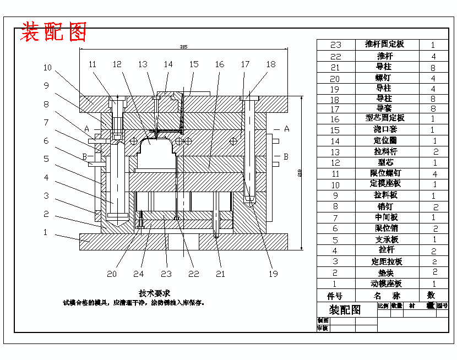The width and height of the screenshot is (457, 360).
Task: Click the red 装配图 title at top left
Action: coord(54,32)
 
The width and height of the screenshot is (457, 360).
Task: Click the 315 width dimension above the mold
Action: coord(183,47)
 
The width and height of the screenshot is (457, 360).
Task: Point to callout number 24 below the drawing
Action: coord(138,273)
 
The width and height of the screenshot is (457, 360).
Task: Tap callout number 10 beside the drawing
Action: coord(48,68)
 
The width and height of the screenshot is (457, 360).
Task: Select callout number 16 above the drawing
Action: coord(219,64)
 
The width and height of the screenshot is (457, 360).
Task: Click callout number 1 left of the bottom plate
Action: coord(46,232)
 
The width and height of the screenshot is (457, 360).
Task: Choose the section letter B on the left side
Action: coord(85,156)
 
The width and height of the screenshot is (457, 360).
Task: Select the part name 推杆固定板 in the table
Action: coord(384,44)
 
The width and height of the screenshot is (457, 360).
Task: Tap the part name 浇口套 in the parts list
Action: coord(384,129)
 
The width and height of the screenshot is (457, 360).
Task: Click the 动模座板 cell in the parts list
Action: coord(384,283)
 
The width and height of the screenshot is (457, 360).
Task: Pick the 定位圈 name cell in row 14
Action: coord(384,140)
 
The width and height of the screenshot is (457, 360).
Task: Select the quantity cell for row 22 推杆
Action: coord(433,56)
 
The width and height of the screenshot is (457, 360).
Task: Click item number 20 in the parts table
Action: coord(335,78)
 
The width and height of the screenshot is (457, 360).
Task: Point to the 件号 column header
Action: coord(335,296)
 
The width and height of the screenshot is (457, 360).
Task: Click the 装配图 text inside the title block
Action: coord(345,309)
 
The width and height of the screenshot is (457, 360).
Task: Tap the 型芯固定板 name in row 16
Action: coord(384,118)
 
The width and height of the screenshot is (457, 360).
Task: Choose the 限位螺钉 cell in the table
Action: coord(384,173)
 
